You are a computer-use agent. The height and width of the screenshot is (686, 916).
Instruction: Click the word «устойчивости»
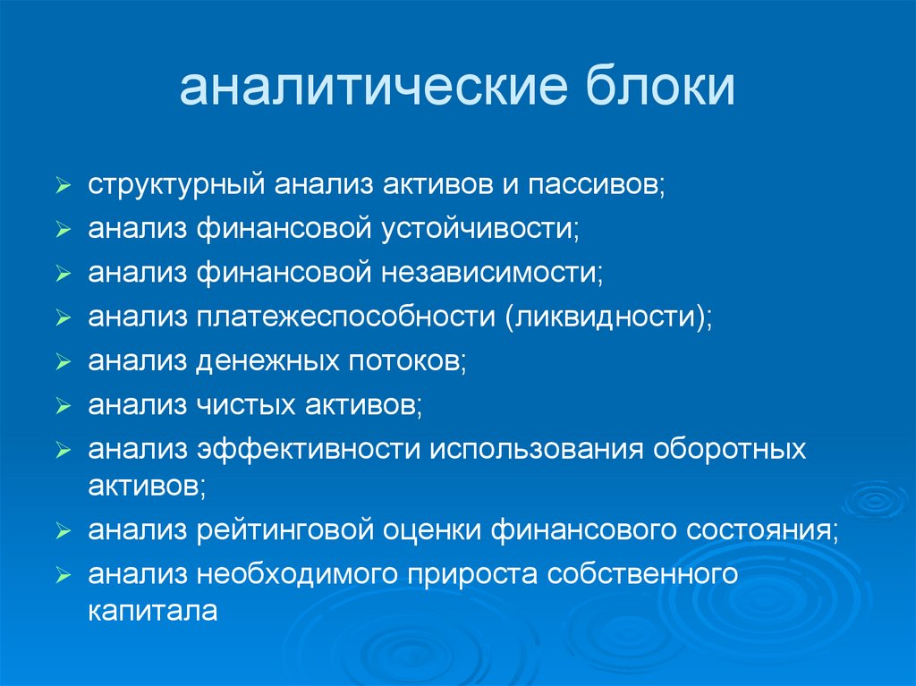[482, 230]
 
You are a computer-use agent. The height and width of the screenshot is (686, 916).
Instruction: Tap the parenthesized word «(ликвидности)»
[608, 317]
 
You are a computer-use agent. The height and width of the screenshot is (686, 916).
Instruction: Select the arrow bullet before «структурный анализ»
[62, 189]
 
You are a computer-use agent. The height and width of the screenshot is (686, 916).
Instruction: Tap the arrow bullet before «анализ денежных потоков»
[62, 362]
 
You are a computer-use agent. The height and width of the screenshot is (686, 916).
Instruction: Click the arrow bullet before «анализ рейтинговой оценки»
[62, 531]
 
